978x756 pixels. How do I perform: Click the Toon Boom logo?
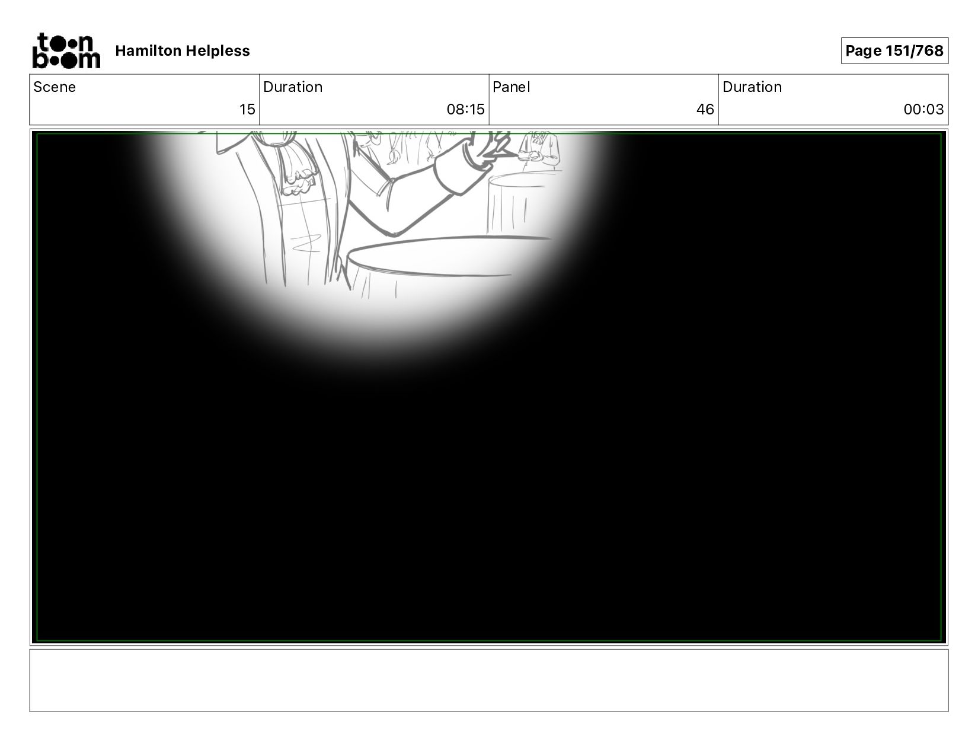click(66, 50)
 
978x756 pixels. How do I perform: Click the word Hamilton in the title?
click(148, 50)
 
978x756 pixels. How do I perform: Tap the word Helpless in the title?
click(218, 51)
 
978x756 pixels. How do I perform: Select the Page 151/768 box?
click(894, 50)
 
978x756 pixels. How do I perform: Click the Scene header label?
click(55, 87)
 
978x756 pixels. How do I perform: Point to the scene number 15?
click(247, 110)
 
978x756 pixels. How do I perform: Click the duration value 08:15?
click(465, 110)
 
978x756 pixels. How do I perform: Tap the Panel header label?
click(512, 87)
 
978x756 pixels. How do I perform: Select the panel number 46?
click(705, 110)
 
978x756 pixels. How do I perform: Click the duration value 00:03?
click(923, 110)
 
